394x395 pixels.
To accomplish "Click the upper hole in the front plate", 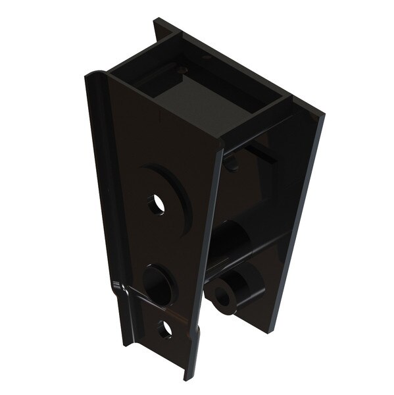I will (157, 205).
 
